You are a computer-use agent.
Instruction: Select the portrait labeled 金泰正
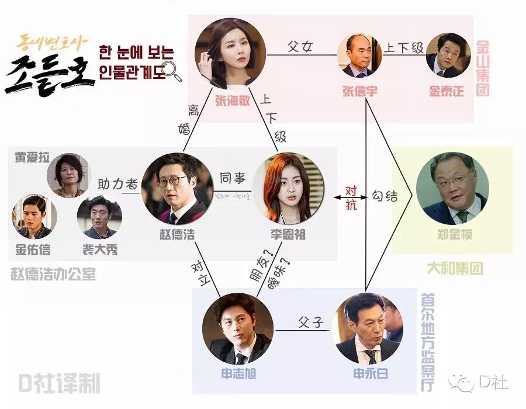[x=448, y=55]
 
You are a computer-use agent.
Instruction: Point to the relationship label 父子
[x=310, y=323]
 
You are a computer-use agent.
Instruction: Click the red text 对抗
[x=352, y=197]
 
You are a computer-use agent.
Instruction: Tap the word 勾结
[x=385, y=197]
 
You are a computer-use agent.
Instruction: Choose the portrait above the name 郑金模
[x=452, y=189]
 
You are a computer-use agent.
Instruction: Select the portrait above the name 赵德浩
[x=177, y=189]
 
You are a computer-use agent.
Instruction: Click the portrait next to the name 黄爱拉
[x=71, y=175]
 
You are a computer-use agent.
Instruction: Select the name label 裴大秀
[x=99, y=249]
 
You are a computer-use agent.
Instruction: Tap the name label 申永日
[x=367, y=374]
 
